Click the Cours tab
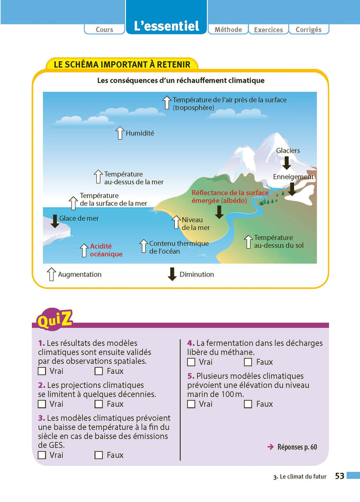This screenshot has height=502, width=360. (x=104, y=29)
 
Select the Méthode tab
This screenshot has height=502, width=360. (x=228, y=29)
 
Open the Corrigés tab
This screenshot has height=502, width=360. (x=309, y=29)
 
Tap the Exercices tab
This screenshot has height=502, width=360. (x=268, y=29)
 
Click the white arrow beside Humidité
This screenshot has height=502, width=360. (x=120, y=133)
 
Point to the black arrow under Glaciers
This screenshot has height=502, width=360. (x=286, y=163)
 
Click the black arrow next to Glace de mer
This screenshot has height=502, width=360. (x=55, y=221)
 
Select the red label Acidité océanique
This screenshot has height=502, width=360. (x=106, y=250)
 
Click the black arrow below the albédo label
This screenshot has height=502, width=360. (x=219, y=212)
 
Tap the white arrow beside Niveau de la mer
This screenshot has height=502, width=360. (x=176, y=222)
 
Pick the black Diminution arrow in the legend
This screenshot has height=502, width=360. (x=172, y=274)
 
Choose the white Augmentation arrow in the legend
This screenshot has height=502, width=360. (x=51, y=274)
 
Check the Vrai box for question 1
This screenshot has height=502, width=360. (x=42, y=371)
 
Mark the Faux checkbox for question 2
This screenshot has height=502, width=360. (x=99, y=404)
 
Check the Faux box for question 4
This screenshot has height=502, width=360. (x=248, y=362)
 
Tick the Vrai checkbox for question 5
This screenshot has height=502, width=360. (x=191, y=404)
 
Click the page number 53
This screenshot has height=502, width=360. (x=339, y=476)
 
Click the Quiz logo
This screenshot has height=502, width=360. (x=55, y=319)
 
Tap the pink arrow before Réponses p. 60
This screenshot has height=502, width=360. (x=271, y=447)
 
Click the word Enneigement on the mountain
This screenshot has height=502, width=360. (x=293, y=177)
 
